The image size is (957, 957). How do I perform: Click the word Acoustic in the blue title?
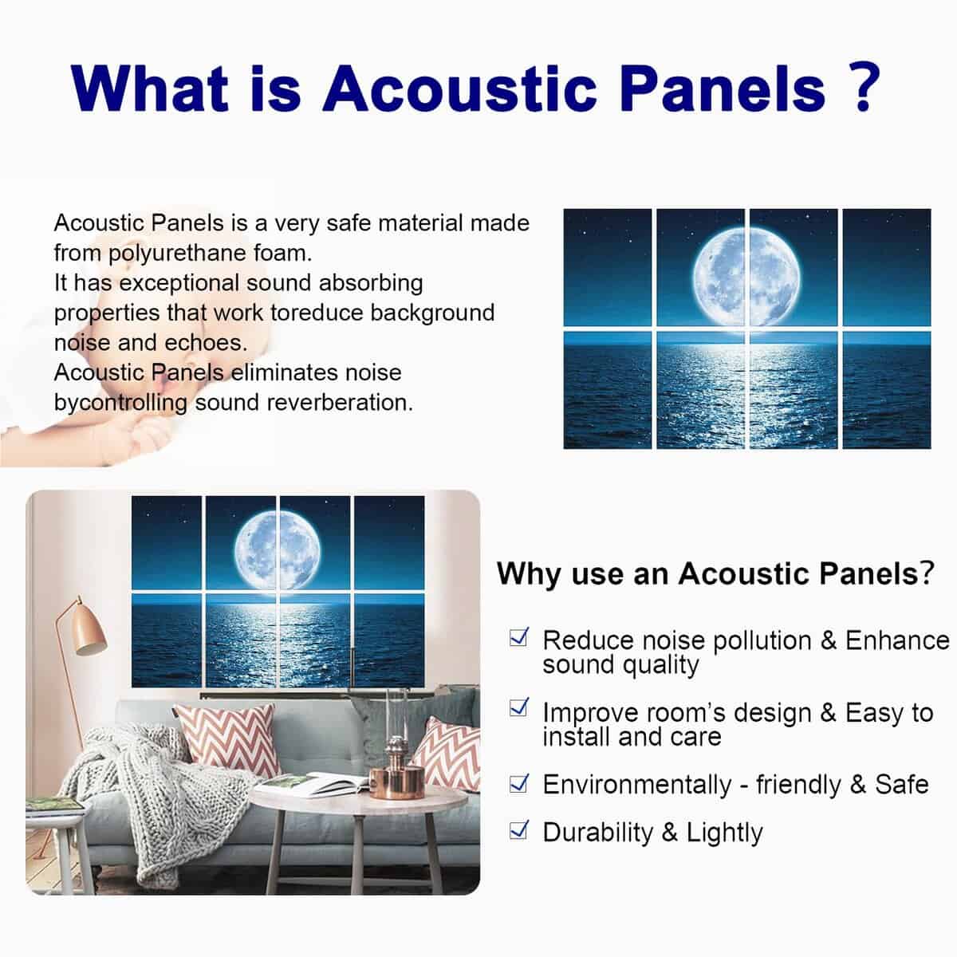tap(459, 89)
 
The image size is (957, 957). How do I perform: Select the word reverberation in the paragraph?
tap(340, 402)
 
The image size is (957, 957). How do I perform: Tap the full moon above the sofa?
tap(277, 550)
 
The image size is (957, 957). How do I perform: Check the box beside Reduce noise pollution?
tap(519, 636)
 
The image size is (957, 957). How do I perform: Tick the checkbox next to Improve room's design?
tap(519, 707)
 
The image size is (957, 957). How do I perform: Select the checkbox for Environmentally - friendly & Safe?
tap(519, 784)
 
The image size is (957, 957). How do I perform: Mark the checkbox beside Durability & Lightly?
tap(519, 829)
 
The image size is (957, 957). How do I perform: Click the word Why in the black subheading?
tap(530, 574)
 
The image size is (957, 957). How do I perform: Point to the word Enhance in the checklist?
tap(897, 640)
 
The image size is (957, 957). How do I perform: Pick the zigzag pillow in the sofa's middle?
tap(228, 739)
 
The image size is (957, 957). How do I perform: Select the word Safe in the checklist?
tap(901, 785)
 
